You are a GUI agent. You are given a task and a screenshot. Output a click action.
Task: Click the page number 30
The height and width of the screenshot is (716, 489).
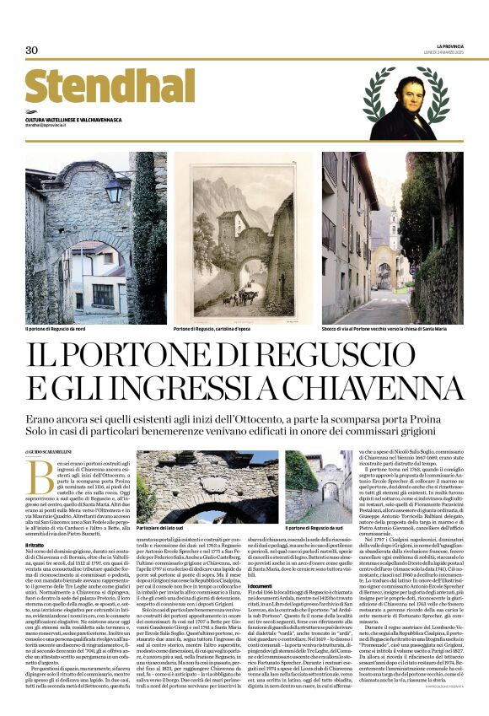click(x=32, y=50)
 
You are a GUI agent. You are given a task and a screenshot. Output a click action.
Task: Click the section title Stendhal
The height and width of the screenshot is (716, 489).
click(x=110, y=87)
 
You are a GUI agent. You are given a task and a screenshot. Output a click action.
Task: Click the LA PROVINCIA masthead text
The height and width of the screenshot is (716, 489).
click(x=449, y=46)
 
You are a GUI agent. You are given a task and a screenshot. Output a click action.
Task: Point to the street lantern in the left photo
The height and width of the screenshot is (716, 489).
click(x=113, y=190)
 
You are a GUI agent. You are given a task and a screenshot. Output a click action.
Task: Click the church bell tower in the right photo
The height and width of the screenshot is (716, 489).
click(x=394, y=226)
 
